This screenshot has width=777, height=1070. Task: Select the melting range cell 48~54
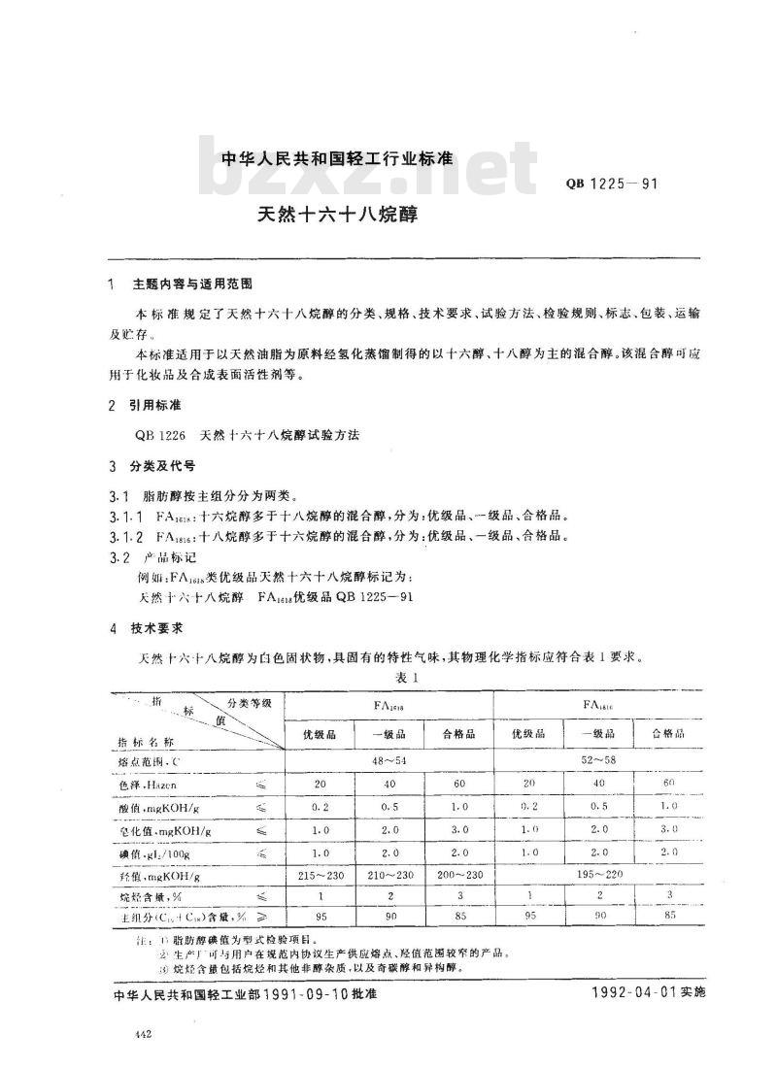pos(389,759)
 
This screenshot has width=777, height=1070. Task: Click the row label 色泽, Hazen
pos(148,783)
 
